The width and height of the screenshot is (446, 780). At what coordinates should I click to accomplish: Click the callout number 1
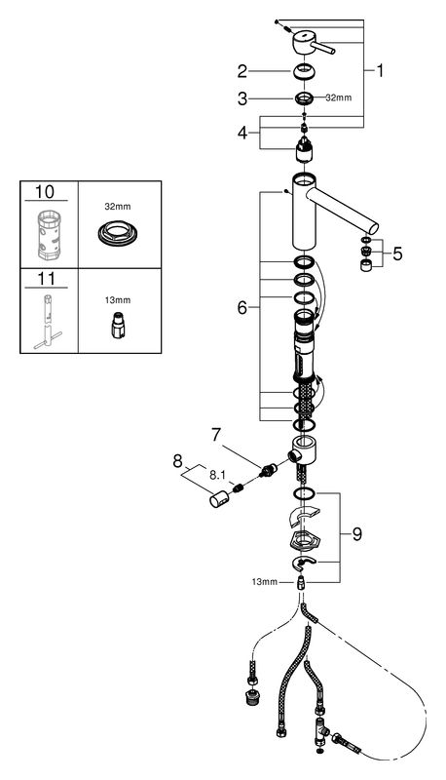point(380,71)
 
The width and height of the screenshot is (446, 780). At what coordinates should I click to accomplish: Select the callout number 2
point(242,71)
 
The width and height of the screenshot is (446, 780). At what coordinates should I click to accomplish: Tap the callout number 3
point(242,98)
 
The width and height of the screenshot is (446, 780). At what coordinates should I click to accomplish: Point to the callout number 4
point(242,133)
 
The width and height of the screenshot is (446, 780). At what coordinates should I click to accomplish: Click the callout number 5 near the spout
point(397,253)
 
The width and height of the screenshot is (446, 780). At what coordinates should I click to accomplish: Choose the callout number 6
point(242,308)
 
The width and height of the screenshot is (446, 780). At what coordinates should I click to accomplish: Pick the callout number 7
point(215,435)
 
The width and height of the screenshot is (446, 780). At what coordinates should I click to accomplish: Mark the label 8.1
point(217,476)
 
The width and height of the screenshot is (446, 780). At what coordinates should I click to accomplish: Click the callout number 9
point(357,534)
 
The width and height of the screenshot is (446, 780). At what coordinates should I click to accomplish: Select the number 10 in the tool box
point(45,191)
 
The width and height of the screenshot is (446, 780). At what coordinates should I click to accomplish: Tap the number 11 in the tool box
point(46,278)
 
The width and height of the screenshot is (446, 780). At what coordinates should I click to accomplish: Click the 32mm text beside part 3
point(338,98)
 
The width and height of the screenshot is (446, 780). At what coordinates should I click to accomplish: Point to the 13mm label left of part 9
point(264,581)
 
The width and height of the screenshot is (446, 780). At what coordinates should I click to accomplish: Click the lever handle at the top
point(313,43)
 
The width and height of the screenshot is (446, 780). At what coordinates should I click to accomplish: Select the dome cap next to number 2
point(305,71)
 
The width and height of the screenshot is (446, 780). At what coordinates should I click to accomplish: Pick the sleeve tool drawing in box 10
point(49,235)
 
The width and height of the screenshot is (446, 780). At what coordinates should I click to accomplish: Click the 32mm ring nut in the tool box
point(118,232)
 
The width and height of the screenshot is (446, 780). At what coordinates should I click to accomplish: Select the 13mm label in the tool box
point(118,300)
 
